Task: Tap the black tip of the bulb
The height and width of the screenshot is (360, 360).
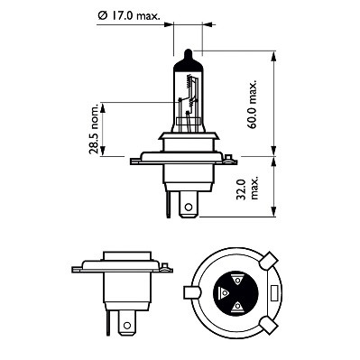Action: (186, 54)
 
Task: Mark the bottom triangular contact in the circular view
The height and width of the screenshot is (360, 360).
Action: (237, 307)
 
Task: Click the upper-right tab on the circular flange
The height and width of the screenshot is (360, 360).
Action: (266, 262)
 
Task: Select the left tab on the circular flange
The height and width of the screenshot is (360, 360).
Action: (189, 292)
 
